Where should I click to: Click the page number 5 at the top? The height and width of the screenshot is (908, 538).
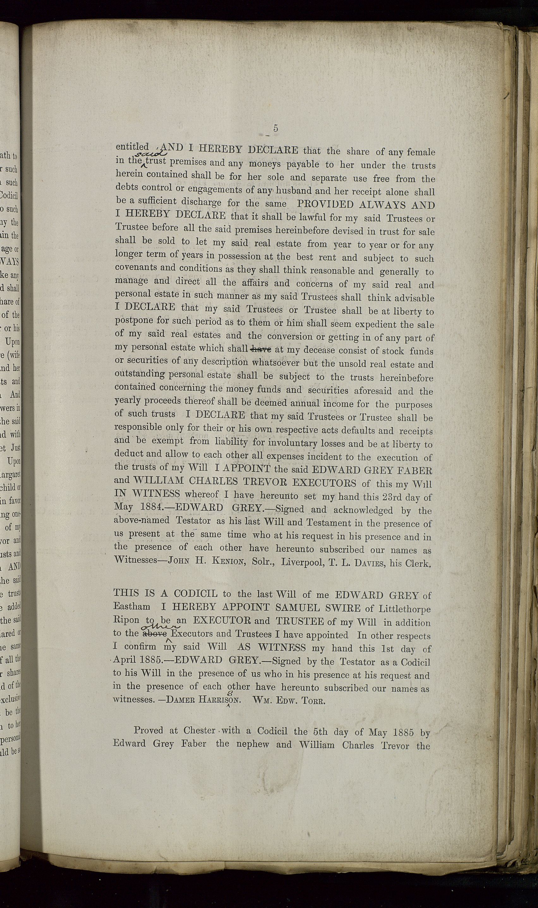pos(276,128)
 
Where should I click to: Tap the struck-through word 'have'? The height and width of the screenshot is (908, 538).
pos(261,350)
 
